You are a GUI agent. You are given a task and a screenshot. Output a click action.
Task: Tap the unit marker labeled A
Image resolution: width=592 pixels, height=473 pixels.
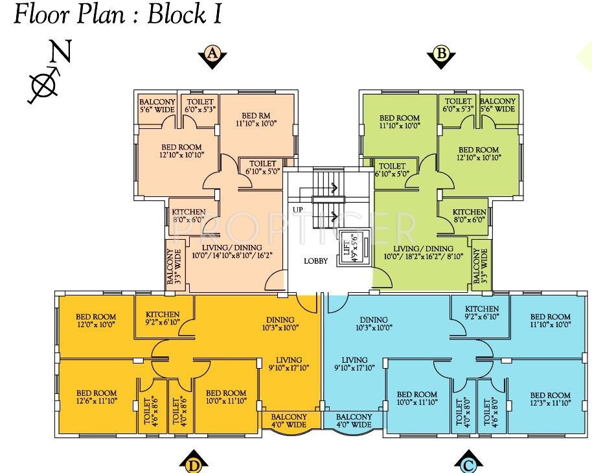click(x=212, y=56)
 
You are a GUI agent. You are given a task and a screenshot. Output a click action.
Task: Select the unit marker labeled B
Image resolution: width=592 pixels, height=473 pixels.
click(x=441, y=56)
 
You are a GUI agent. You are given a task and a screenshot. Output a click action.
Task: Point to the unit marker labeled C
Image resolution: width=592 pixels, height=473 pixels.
click(x=468, y=463)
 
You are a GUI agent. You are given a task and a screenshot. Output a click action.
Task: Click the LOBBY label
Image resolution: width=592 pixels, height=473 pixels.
click(x=316, y=261)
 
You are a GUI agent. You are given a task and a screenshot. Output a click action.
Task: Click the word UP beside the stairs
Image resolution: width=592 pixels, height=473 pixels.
click(x=298, y=210)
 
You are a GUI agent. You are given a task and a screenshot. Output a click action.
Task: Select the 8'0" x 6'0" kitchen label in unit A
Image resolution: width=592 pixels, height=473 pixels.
click(x=188, y=216)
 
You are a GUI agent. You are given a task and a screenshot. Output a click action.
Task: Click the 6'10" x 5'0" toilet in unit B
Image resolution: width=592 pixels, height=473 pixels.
click(x=393, y=170)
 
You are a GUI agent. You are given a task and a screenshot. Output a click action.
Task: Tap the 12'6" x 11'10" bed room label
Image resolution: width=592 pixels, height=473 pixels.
click(x=97, y=397)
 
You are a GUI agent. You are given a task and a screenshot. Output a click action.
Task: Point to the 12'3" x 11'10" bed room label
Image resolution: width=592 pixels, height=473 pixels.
click(x=550, y=399)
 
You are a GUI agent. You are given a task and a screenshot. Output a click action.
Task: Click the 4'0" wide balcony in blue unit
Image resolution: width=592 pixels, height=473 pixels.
click(x=354, y=421)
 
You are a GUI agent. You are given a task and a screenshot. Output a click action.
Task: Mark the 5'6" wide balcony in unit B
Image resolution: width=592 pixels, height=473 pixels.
click(x=497, y=105)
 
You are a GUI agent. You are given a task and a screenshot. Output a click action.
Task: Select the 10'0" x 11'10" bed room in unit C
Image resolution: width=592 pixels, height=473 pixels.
click(x=417, y=398)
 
